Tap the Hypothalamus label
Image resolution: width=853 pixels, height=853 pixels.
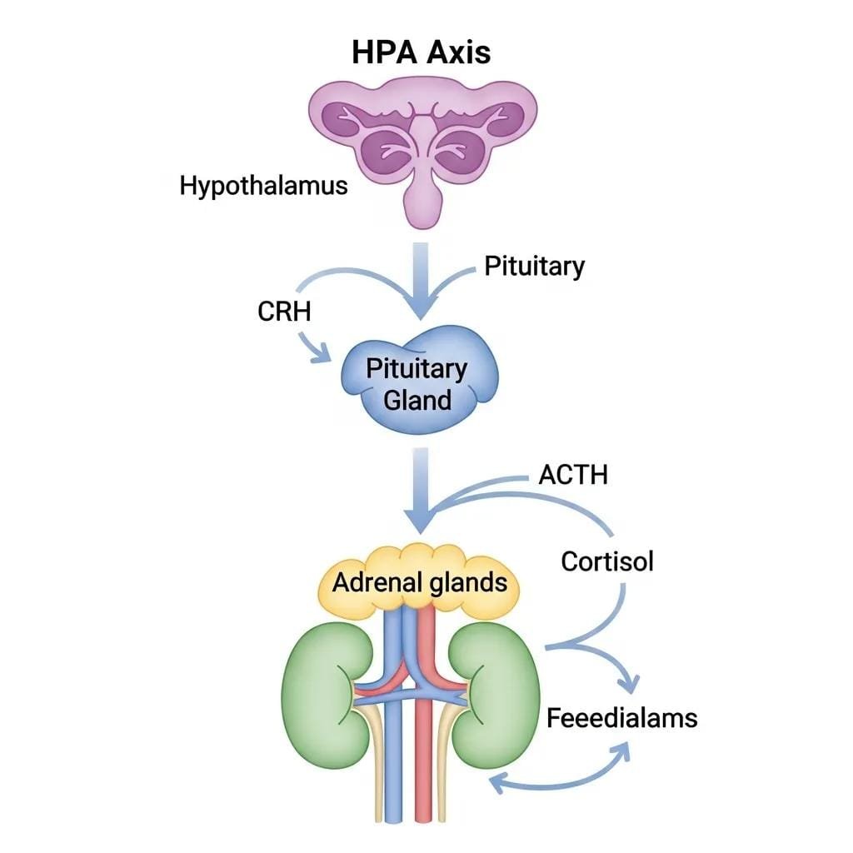pyautogui.click(x=263, y=185)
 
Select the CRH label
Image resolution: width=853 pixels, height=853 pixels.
pyautogui.click(x=283, y=312)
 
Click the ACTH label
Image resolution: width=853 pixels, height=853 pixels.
pyautogui.click(x=573, y=475)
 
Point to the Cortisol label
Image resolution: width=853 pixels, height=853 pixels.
pyautogui.click(x=607, y=561)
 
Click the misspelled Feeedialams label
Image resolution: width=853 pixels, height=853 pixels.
pyautogui.click(x=621, y=717)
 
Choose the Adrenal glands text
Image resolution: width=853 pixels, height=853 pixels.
pyautogui.click(x=420, y=581)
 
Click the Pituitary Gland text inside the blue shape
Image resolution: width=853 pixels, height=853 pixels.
pyautogui.click(x=417, y=383)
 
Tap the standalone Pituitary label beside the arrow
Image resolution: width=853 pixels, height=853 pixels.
pyautogui.click(x=534, y=267)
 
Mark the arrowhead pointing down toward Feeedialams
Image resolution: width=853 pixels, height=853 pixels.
pyautogui.click(x=628, y=683)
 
